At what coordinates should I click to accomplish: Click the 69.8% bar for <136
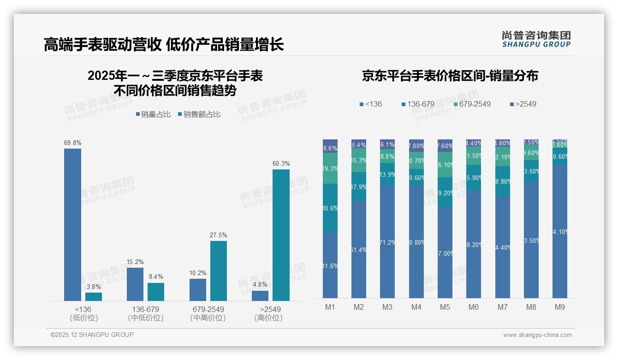[72, 225]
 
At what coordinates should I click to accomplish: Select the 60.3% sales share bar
[281, 235]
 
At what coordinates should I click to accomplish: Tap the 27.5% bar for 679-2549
[218, 271]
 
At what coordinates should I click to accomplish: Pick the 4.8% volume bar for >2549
[260, 296]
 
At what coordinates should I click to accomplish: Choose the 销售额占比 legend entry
[199, 114]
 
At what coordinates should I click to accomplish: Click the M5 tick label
[445, 307]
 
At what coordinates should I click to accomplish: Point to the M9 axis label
[559, 307]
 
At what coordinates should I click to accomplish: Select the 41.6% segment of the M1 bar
[330, 265]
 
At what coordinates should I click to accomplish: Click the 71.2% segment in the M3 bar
[387, 241]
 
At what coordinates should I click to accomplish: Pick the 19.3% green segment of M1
[330, 168]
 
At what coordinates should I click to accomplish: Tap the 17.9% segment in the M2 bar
[359, 186]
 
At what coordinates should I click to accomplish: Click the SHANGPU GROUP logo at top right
[536, 39]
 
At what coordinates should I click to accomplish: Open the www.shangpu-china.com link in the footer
[537, 335]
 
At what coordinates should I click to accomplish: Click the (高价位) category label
[268, 318]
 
